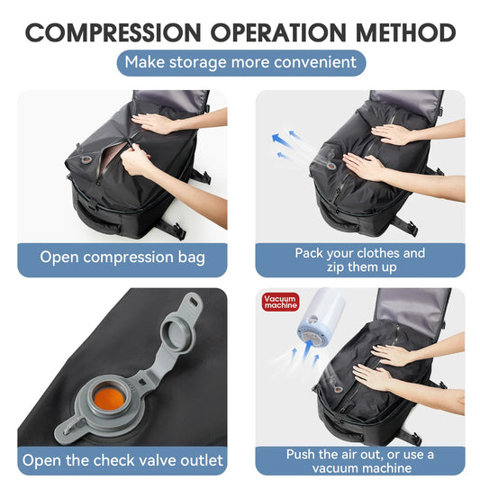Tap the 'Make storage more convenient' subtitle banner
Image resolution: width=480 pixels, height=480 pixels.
240,62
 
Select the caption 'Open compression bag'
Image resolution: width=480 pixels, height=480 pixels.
122,257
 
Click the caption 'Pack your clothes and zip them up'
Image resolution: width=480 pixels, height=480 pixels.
359,259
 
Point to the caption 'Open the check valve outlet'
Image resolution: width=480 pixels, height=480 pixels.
122,460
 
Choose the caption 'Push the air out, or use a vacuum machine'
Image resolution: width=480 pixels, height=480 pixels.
359,461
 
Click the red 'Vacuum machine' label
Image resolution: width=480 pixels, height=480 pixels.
280,303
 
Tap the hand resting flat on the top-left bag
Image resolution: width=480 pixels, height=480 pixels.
154,121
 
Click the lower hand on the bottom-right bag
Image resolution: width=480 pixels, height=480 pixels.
377,376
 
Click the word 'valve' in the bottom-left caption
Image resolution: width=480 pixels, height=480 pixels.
156,460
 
